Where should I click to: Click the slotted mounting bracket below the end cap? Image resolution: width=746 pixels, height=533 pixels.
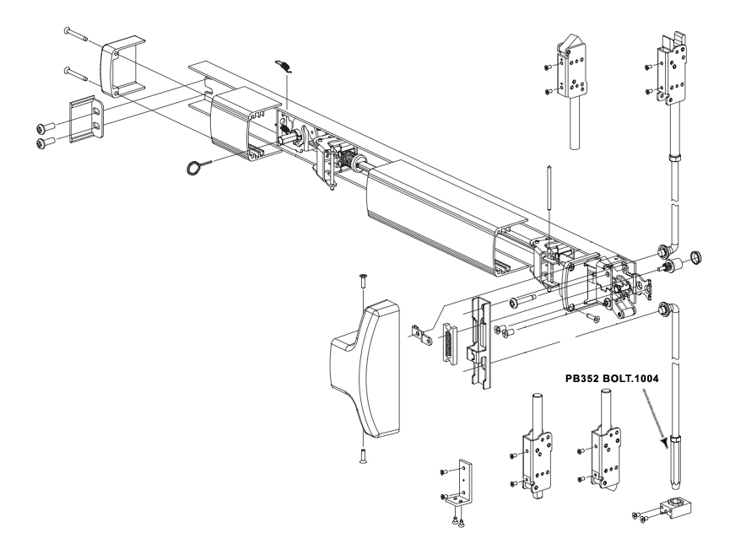86,116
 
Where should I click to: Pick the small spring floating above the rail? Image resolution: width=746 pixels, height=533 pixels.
286,67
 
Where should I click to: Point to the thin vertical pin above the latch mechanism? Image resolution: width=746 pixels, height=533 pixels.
549,202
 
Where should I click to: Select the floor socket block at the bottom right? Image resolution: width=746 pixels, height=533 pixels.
677,507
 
